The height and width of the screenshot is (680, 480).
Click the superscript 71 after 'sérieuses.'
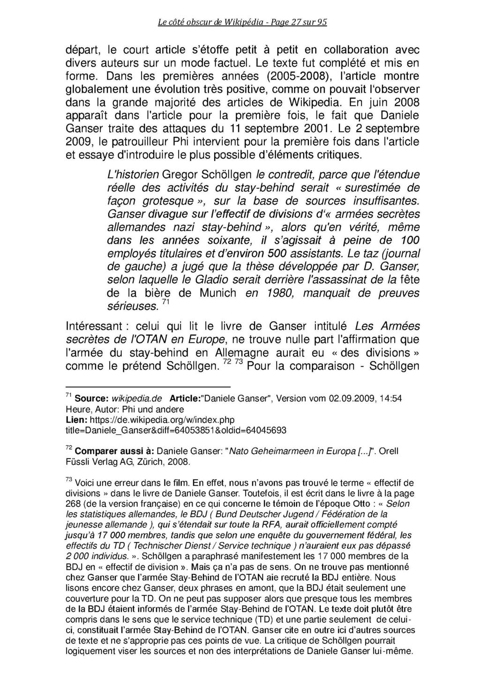(165, 303)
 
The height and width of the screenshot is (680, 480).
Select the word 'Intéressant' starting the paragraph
(94, 326)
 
